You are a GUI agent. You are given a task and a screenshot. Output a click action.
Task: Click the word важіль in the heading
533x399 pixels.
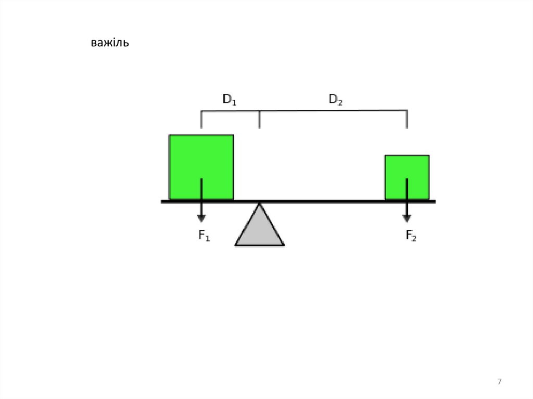click(x=109, y=43)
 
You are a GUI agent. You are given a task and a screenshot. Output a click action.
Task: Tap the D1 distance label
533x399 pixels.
click(x=230, y=99)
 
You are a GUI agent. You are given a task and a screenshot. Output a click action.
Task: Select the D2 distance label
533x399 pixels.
click(x=336, y=99)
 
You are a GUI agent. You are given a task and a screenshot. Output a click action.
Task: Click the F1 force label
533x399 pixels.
click(x=204, y=236)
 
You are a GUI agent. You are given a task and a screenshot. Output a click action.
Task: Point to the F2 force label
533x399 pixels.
click(x=411, y=236)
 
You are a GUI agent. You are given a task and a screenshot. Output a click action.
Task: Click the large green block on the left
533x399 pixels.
click(x=201, y=166)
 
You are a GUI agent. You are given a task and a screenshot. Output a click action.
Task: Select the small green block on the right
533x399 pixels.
click(x=407, y=177)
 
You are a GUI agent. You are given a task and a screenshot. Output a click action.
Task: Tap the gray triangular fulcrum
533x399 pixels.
click(x=259, y=229)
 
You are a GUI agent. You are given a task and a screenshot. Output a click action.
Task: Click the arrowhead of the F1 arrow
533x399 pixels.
click(x=201, y=218)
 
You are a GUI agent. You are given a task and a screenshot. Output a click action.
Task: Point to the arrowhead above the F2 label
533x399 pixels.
click(x=407, y=218)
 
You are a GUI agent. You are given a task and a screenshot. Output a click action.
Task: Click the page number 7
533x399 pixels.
click(x=500, y=382)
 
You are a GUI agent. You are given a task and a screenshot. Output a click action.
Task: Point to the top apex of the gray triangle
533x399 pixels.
click(x=259, y=204)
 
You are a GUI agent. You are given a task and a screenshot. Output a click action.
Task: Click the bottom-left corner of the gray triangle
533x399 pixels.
click(x=236, y=244)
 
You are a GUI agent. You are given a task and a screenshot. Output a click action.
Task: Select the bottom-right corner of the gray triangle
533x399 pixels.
click(x=284, y=244)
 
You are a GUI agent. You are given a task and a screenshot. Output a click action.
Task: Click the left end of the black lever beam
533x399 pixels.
click(x=162, y=201)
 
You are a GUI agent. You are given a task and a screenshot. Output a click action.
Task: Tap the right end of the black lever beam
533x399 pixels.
click(x=434, y=201)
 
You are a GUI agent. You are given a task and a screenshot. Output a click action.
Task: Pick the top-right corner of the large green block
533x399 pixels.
click(x=233, y=136)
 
